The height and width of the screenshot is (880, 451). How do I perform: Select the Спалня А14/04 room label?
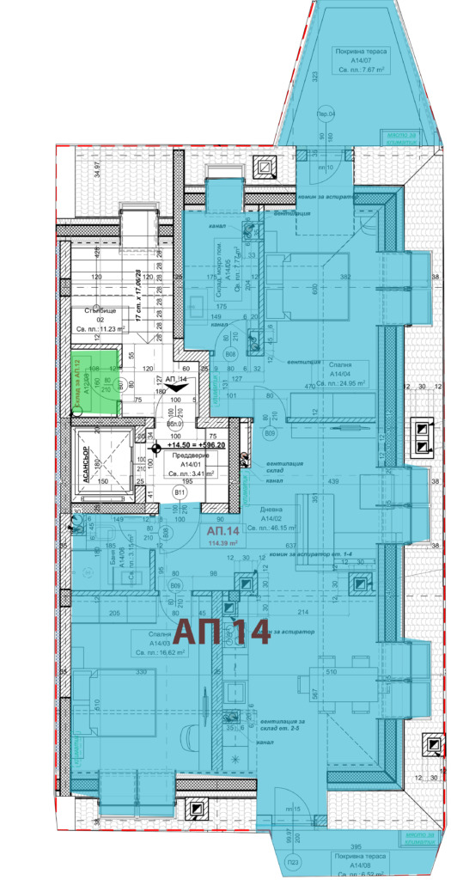pos(340,379)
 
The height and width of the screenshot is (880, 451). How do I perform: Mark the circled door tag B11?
pos(180,493)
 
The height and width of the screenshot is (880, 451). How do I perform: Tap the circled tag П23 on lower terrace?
pos(293,863)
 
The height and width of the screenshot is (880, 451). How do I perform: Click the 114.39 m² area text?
pos(222,543)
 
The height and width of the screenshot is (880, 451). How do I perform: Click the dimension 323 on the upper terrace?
pos(314,77)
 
